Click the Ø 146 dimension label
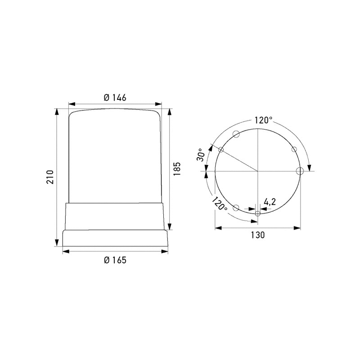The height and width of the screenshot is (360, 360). click(115, 98)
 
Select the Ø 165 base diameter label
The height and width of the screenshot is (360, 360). click(115, 260)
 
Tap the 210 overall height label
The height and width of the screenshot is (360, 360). click(50, 177)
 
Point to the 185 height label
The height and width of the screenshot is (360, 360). click(177, 169)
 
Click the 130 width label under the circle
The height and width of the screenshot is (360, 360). click(257, 235)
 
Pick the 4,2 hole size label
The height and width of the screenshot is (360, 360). click(270, 202)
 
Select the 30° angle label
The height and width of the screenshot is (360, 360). click(201, 154)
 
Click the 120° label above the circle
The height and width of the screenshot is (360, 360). click(263, 120)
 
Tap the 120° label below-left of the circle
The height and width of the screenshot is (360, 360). click(219, 204)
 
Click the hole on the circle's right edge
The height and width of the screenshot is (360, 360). click(300, 171)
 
